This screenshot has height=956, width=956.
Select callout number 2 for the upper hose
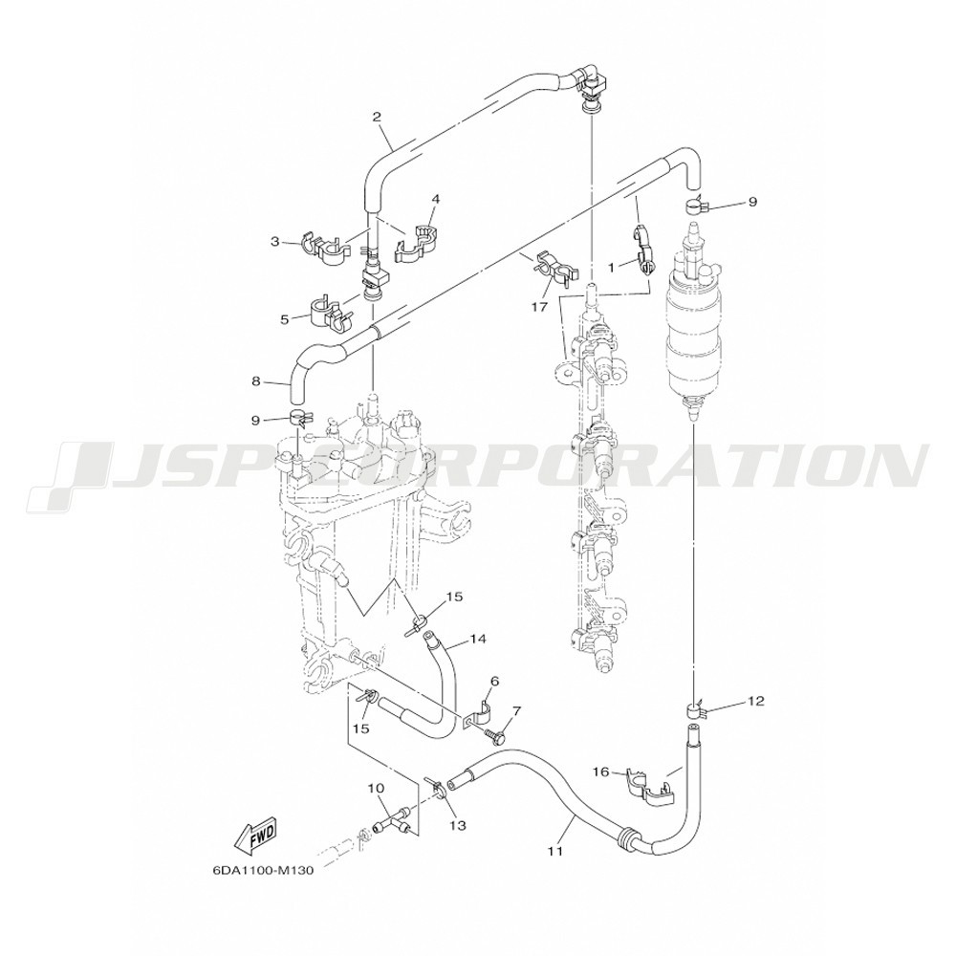pos(378,117)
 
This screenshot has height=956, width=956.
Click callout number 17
pos(539,307)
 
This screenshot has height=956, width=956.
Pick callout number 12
pos(755,701)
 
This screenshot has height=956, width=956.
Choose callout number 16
pos(600,771)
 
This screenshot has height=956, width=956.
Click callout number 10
pos(376,789)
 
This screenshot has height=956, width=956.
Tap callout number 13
pos(458,825)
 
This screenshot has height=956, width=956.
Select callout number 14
pos(478,639)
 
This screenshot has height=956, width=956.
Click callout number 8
pos(255,382)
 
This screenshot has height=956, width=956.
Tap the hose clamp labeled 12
pos(692,710)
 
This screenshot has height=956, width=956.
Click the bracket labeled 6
pos(479,713)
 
